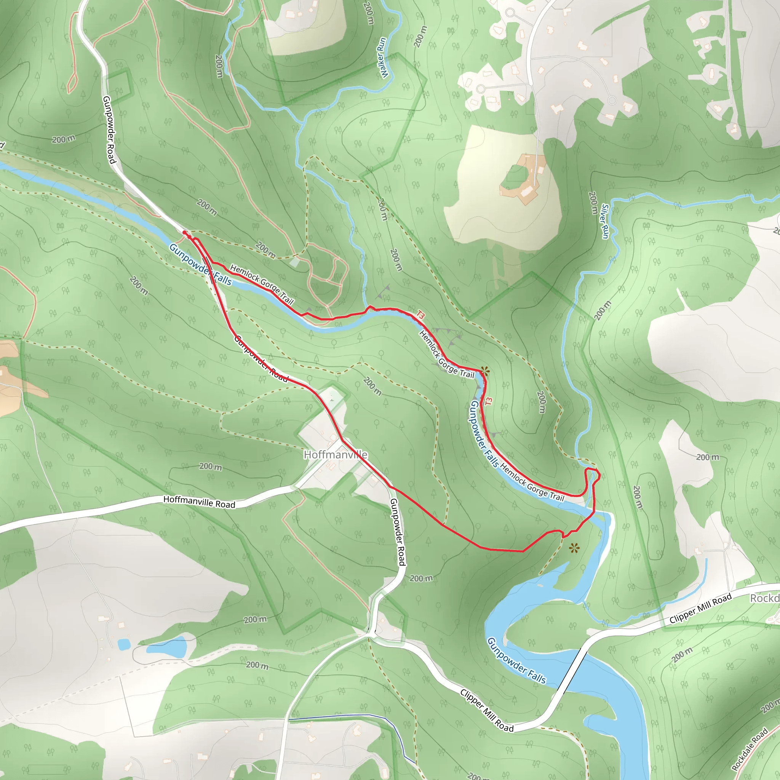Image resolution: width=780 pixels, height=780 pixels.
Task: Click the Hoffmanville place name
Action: click(x=336, y=455)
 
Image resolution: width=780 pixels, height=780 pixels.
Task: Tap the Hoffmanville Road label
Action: click(x=199, y=502)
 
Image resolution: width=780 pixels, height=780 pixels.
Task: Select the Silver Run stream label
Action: click(x=604, y=221)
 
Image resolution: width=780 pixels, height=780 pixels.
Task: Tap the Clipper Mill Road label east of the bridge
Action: click(x=700, y=608)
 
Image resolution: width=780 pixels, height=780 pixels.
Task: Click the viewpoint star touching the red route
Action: click(x=484, y=371)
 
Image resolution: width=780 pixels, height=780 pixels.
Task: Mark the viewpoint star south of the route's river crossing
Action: click(x=574, y=548)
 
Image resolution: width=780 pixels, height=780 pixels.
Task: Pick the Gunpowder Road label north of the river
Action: click(x=109, y=129)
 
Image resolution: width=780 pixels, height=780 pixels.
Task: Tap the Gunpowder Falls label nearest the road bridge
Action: click(x=516, y=660)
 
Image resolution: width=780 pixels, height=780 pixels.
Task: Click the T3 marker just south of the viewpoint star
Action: click(x=489, y=401)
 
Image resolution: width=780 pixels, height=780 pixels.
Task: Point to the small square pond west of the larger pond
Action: click(x=124, y=644)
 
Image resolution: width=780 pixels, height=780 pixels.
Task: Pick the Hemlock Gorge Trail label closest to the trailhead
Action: click(x=262, y=284)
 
